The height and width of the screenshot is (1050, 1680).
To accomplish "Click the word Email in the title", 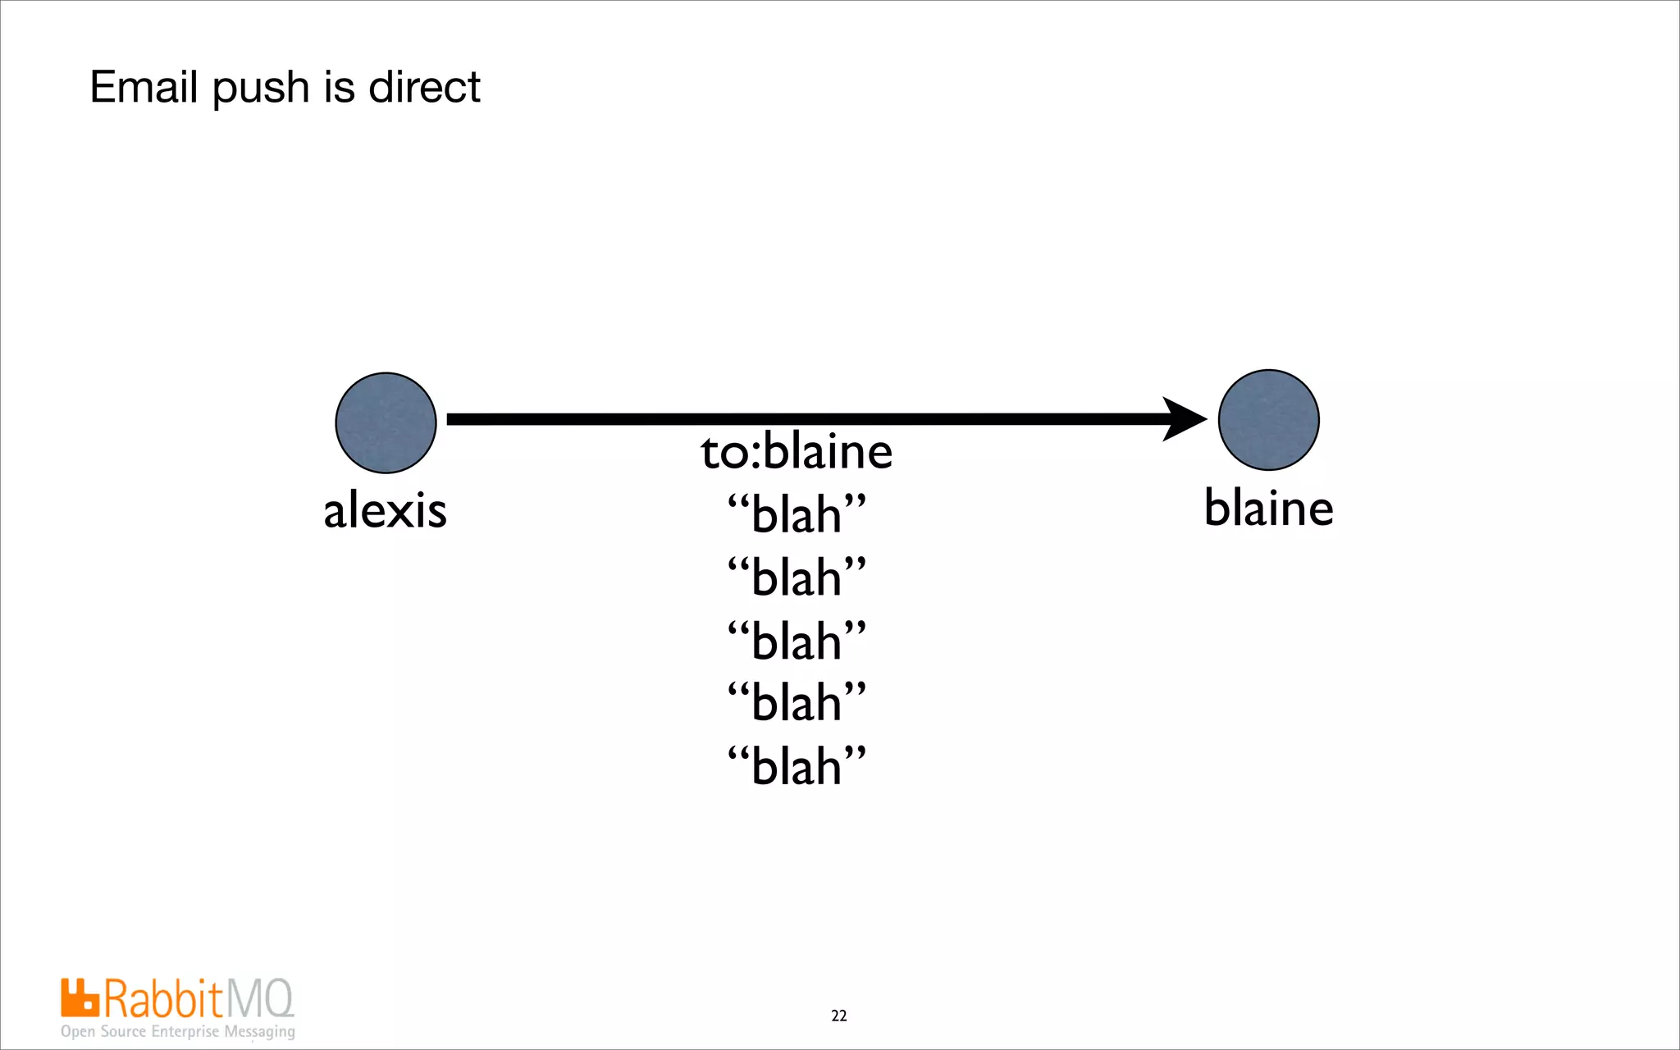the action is pos(144,87).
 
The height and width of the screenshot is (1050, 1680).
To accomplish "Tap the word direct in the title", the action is pos(424,87).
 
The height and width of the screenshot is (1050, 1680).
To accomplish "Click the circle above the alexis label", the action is pos(386,422).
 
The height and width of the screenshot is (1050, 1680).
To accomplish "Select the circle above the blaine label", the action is pos(1268,420).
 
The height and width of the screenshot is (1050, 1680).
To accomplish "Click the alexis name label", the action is pos(385,510).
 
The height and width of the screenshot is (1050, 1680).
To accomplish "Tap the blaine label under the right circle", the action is pos(1268,508).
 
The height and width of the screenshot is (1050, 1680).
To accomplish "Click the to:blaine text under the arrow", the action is pos(797,452).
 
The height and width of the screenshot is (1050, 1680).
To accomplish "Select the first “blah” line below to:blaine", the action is pos(797,514).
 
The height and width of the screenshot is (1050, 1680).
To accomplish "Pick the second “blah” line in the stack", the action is pos(797,577).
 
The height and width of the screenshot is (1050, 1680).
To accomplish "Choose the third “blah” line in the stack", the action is pos(797,641).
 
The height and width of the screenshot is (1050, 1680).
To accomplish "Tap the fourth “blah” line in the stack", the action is pos(797,703).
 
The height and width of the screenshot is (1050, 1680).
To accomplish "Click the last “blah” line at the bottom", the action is pos(797,766).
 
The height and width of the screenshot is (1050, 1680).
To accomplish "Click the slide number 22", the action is pos(838,1016).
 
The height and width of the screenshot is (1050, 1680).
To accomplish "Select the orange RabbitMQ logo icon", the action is pos(80,997).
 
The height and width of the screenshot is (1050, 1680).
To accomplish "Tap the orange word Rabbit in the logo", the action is pos(163,999).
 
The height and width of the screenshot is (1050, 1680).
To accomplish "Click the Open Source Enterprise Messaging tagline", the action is pos(177,1031).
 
